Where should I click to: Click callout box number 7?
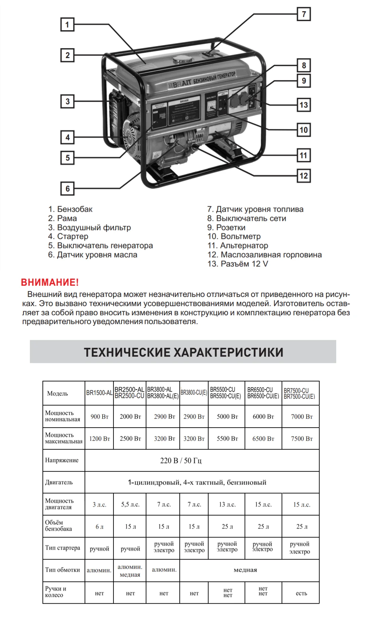pyautogui.click(x=304, y=14)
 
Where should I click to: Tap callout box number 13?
pyautogui.click(x=304, y=105)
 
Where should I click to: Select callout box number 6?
pyautogui.click(x=68, y=189)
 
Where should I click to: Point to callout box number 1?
pyautogui.click(x=67, y=24)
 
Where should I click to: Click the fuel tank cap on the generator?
pyautogui.click(x=182, y=60)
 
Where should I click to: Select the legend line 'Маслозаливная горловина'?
pyautogui.click(x=265, y=254)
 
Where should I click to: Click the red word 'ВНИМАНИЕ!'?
pyautogui.click(x=50, y=282)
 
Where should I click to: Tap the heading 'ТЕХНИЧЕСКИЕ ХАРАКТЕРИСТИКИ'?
pyautogui.click(x=183, y=352)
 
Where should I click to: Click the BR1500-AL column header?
pyautogui.click(x=99, y=393)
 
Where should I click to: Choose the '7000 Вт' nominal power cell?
pyautogui.click(x=302, y=417)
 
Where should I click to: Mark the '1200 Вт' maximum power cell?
pyautogui.click(x=100, y=439)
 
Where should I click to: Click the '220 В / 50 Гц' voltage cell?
pyautogui.click(x=181, y=460)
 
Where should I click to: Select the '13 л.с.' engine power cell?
pyautogui.click(x=227, y=505)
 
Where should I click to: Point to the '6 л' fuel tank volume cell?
pyautogui.click(x=100, y=527)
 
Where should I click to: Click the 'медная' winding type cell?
pyautogui.click(x=245, y=570)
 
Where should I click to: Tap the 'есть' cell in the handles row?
pyautogui.click(x=301, y=593)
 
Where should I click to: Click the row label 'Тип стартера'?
pyautogui.click(x=62, y=548)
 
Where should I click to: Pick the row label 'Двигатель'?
pyautogui.click(x=59, y=482)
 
